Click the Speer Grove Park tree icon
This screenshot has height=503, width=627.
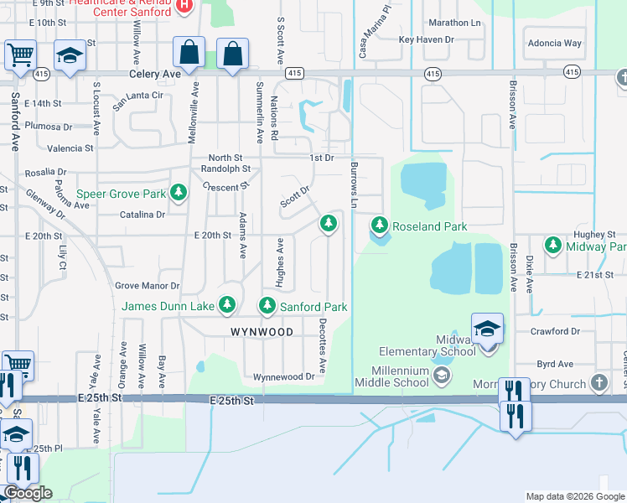179,194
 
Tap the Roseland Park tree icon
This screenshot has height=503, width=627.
380,226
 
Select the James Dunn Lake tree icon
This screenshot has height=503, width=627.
226,306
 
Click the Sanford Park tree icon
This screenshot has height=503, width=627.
267,306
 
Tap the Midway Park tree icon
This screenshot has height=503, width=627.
552,246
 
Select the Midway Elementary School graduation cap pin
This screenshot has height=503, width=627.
486,329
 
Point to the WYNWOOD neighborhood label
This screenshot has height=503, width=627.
262,332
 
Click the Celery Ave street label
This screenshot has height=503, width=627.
156,75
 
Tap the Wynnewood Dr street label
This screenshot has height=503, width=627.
283,377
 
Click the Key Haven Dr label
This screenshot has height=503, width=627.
426,39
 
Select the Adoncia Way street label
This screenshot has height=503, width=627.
554,43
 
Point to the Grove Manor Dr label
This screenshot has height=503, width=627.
147,287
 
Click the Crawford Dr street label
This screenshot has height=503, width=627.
555,332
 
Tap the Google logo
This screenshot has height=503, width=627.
28,493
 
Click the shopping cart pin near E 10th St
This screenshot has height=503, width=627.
20,55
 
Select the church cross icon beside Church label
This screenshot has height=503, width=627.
598,383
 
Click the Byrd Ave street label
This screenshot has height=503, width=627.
554,365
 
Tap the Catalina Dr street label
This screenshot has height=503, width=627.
142,215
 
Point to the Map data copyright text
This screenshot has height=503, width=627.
574,496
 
